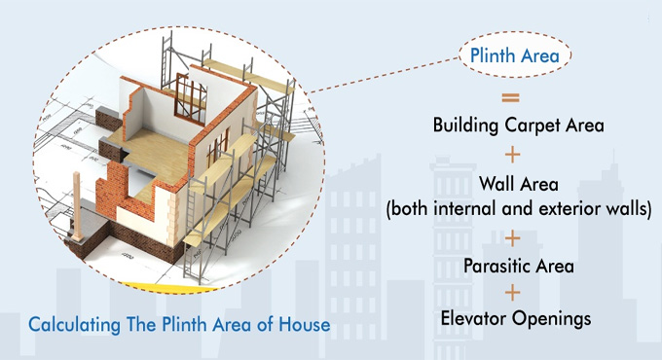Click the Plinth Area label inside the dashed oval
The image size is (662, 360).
(x=514, y=56)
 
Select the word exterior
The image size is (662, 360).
(x=566, y=208)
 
